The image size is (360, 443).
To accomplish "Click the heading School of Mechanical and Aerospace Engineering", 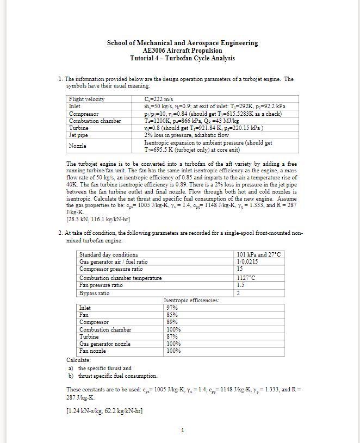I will [182, 43].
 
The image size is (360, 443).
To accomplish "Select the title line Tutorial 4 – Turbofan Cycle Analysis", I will [182, 58].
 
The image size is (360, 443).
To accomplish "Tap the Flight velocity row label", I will [86, 99].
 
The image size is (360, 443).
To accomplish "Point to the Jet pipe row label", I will [79, 135].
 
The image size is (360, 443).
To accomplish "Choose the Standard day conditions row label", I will [109, 254].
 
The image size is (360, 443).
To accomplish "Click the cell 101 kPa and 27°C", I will [259, 254].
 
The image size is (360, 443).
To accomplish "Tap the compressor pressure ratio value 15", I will [240, 269].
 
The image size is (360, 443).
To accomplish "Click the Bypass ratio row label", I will [94, 294].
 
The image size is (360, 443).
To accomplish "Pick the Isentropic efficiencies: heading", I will [191, 300].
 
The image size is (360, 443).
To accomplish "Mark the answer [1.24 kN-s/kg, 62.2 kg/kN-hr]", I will [104, 410].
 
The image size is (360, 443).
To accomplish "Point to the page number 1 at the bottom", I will [182, 431].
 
